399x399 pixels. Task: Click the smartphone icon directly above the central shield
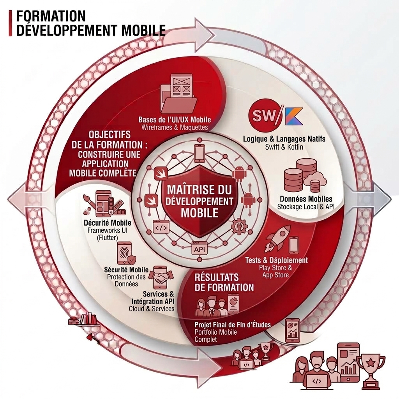(199, 153)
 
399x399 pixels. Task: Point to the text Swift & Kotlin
(284, 147)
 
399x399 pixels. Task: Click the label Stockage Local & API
(306, 207)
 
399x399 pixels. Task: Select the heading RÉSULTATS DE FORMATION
(224, 282)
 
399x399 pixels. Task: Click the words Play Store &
(275, 268)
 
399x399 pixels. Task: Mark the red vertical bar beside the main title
(10, 23)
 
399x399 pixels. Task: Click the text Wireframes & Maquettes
(175, 127)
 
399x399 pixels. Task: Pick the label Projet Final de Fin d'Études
(233, 325)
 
